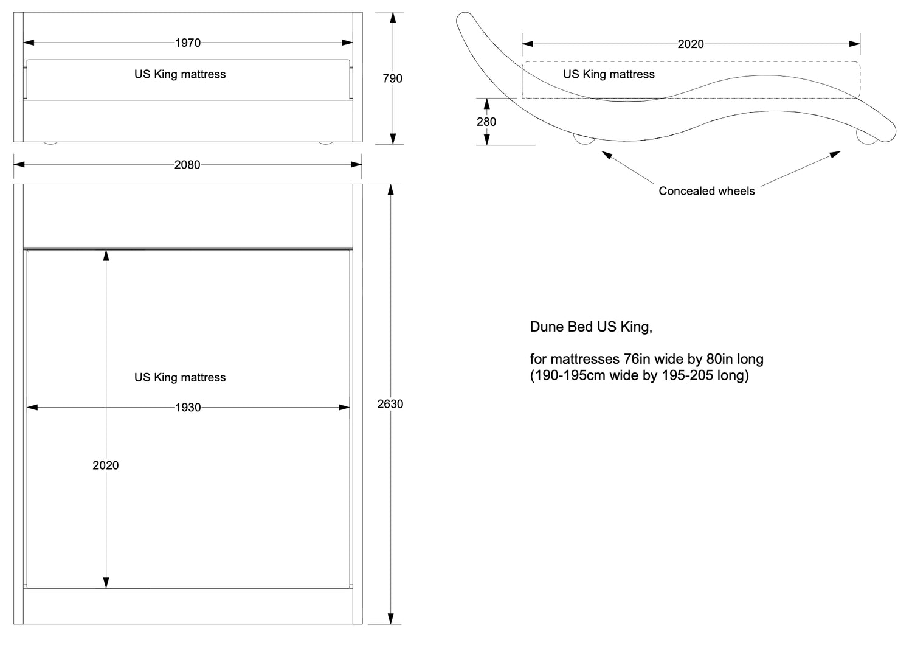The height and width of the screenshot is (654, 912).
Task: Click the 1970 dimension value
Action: [x=187, y=43]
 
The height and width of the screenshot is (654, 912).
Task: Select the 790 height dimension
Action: [x=392, y=78]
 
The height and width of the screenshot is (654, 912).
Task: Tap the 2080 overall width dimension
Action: [x=187, y=165]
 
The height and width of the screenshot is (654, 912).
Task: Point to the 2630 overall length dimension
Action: [x=390, y=404]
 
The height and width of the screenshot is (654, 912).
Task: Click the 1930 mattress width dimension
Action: [x=188, y=408]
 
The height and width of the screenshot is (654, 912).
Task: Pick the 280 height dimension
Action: [x=486, y=122]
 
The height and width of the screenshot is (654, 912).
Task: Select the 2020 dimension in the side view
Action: [x=691, y=44]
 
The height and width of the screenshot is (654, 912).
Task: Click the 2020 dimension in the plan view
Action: [x=106, y=465]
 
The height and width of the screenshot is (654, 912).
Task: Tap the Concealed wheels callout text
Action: [x=706, y=191]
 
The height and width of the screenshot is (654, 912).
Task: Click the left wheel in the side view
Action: [x=584, y=139]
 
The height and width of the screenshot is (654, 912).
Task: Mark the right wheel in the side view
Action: [x=866, y=138]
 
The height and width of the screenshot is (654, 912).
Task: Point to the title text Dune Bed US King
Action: [x=591, y=327]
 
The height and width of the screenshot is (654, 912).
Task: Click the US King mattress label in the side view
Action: [x=609, y=74]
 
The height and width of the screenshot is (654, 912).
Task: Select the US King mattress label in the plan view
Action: [x=180, y=377]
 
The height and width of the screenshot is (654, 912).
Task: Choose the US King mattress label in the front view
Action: [x=180, y=74]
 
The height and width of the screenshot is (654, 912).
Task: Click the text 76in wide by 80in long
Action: [x=693, y=359]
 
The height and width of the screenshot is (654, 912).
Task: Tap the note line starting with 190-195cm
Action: [x=640, y=375]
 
